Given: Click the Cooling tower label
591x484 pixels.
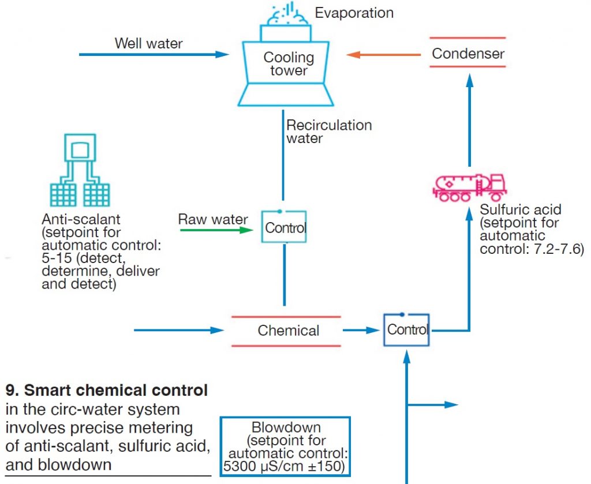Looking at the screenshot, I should tap(289, 64).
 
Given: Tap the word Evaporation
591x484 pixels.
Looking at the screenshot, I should tap(354, 13).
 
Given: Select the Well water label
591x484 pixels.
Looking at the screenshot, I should tap(148, 43).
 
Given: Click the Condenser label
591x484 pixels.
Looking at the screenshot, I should tap(468, 54).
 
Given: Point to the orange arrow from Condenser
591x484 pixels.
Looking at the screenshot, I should tap(384, 55).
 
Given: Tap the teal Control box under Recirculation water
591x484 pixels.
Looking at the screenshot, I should tap(285, 227).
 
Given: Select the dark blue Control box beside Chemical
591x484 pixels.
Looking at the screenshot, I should tap(407, 330).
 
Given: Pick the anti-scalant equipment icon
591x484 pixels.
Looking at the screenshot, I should tap(80, 170).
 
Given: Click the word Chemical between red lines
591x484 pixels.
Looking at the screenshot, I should tap(288, 331).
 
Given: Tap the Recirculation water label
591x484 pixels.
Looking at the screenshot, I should tap(329, 132).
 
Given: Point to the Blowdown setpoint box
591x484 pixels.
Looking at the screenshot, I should tap(285, 447).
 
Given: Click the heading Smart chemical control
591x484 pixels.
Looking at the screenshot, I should tap(107, 391).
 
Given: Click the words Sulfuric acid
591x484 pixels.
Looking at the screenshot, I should tap(520, 209).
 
